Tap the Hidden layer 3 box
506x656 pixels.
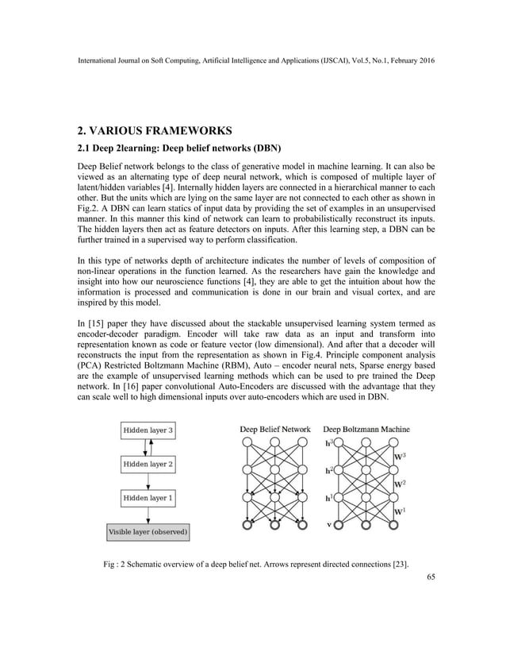[x=147, y=430]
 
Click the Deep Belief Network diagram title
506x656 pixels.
[x=275, y=429]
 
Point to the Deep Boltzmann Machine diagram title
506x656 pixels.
[x=366, y=429]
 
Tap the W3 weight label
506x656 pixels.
[x=402, y=456]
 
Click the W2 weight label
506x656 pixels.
[x=402, y=484]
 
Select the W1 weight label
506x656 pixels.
[x=402, y=511]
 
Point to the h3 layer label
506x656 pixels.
[x=329, y=442]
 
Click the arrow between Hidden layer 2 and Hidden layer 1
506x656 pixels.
[x=147, y=480]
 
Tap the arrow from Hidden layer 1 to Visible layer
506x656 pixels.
[x=147, y=515]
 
